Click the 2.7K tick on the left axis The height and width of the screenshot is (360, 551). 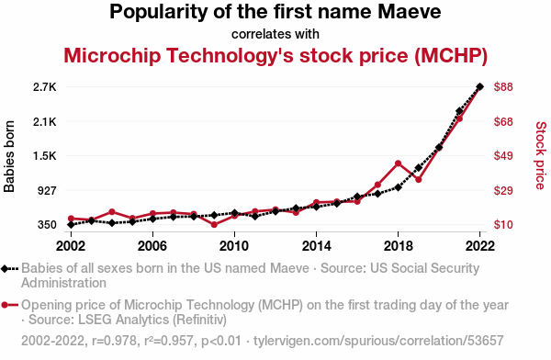(45, 87)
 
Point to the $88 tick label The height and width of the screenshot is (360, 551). (503, 87)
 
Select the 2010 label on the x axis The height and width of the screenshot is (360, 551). (234, 246)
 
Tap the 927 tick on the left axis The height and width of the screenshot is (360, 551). (47, 190)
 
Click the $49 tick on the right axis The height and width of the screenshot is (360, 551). (503, 156)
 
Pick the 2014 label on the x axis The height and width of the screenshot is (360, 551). (316, 246)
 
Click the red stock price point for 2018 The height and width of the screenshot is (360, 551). (399, 163)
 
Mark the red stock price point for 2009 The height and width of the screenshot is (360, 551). (214, 225)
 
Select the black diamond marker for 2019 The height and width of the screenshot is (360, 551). (419, 168)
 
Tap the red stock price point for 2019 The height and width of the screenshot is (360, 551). (419, 180)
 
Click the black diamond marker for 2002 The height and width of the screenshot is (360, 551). (71, 225)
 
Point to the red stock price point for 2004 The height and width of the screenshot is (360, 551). (112, 212)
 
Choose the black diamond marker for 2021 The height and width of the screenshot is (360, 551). (459, 111)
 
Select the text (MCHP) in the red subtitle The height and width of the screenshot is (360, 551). (451, 55)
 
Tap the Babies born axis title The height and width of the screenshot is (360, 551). (9, 156)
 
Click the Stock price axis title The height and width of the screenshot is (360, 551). (541, 155)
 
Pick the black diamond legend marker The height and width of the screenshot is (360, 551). (5, 269)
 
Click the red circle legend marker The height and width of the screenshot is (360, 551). (5, 305)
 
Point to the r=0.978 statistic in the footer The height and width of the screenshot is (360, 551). (114, 341)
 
